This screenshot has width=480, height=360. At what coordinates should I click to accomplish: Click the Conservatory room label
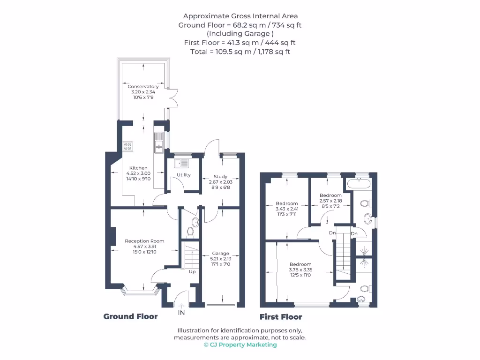pyautogui.click(x=143, y=87)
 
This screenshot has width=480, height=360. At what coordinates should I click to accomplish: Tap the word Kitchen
pyautogui.click(x=138, y=168)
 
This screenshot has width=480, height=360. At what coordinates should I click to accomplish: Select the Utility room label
pyautogui.click(x=184, y=175)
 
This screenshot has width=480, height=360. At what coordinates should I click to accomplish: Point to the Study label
pyautogui.click(x=220, y=177)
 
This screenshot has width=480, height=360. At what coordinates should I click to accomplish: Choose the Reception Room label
pyautogui.click(x=144, y=241)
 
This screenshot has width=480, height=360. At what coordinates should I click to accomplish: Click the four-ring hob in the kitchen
pyautogui.click(x=127, y=146)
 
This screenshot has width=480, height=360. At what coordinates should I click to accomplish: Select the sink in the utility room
pyautogui.click(x=180, y=164)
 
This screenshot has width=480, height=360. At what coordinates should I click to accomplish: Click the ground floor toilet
pyautogui.click(x=190, y=231)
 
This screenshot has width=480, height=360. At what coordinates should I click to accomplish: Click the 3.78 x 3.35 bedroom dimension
pyautogui.click(x=300, y=270)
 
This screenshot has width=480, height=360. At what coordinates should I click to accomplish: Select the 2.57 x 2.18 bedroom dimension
pyautogui.click(x=330, y=201)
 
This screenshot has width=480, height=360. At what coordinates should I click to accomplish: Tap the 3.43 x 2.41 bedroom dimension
pyautogui.click(x=286, y=209)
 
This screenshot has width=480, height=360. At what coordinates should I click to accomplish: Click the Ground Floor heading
pyautogui.click(x=130, y=316)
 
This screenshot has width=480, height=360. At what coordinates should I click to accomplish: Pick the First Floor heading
pyautogui.click(x=281, y=317)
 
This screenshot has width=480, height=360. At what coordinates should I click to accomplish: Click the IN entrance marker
pyautogui.click(x=181, y=312)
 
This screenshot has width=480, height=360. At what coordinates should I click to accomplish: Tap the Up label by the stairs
pyautogui.click(x=192, y=272)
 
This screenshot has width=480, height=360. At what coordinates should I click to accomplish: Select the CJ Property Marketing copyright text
pyautogui.click(x=240, y=345)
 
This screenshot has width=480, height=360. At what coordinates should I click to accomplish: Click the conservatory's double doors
pyautogui.click(x=173, y=97)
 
